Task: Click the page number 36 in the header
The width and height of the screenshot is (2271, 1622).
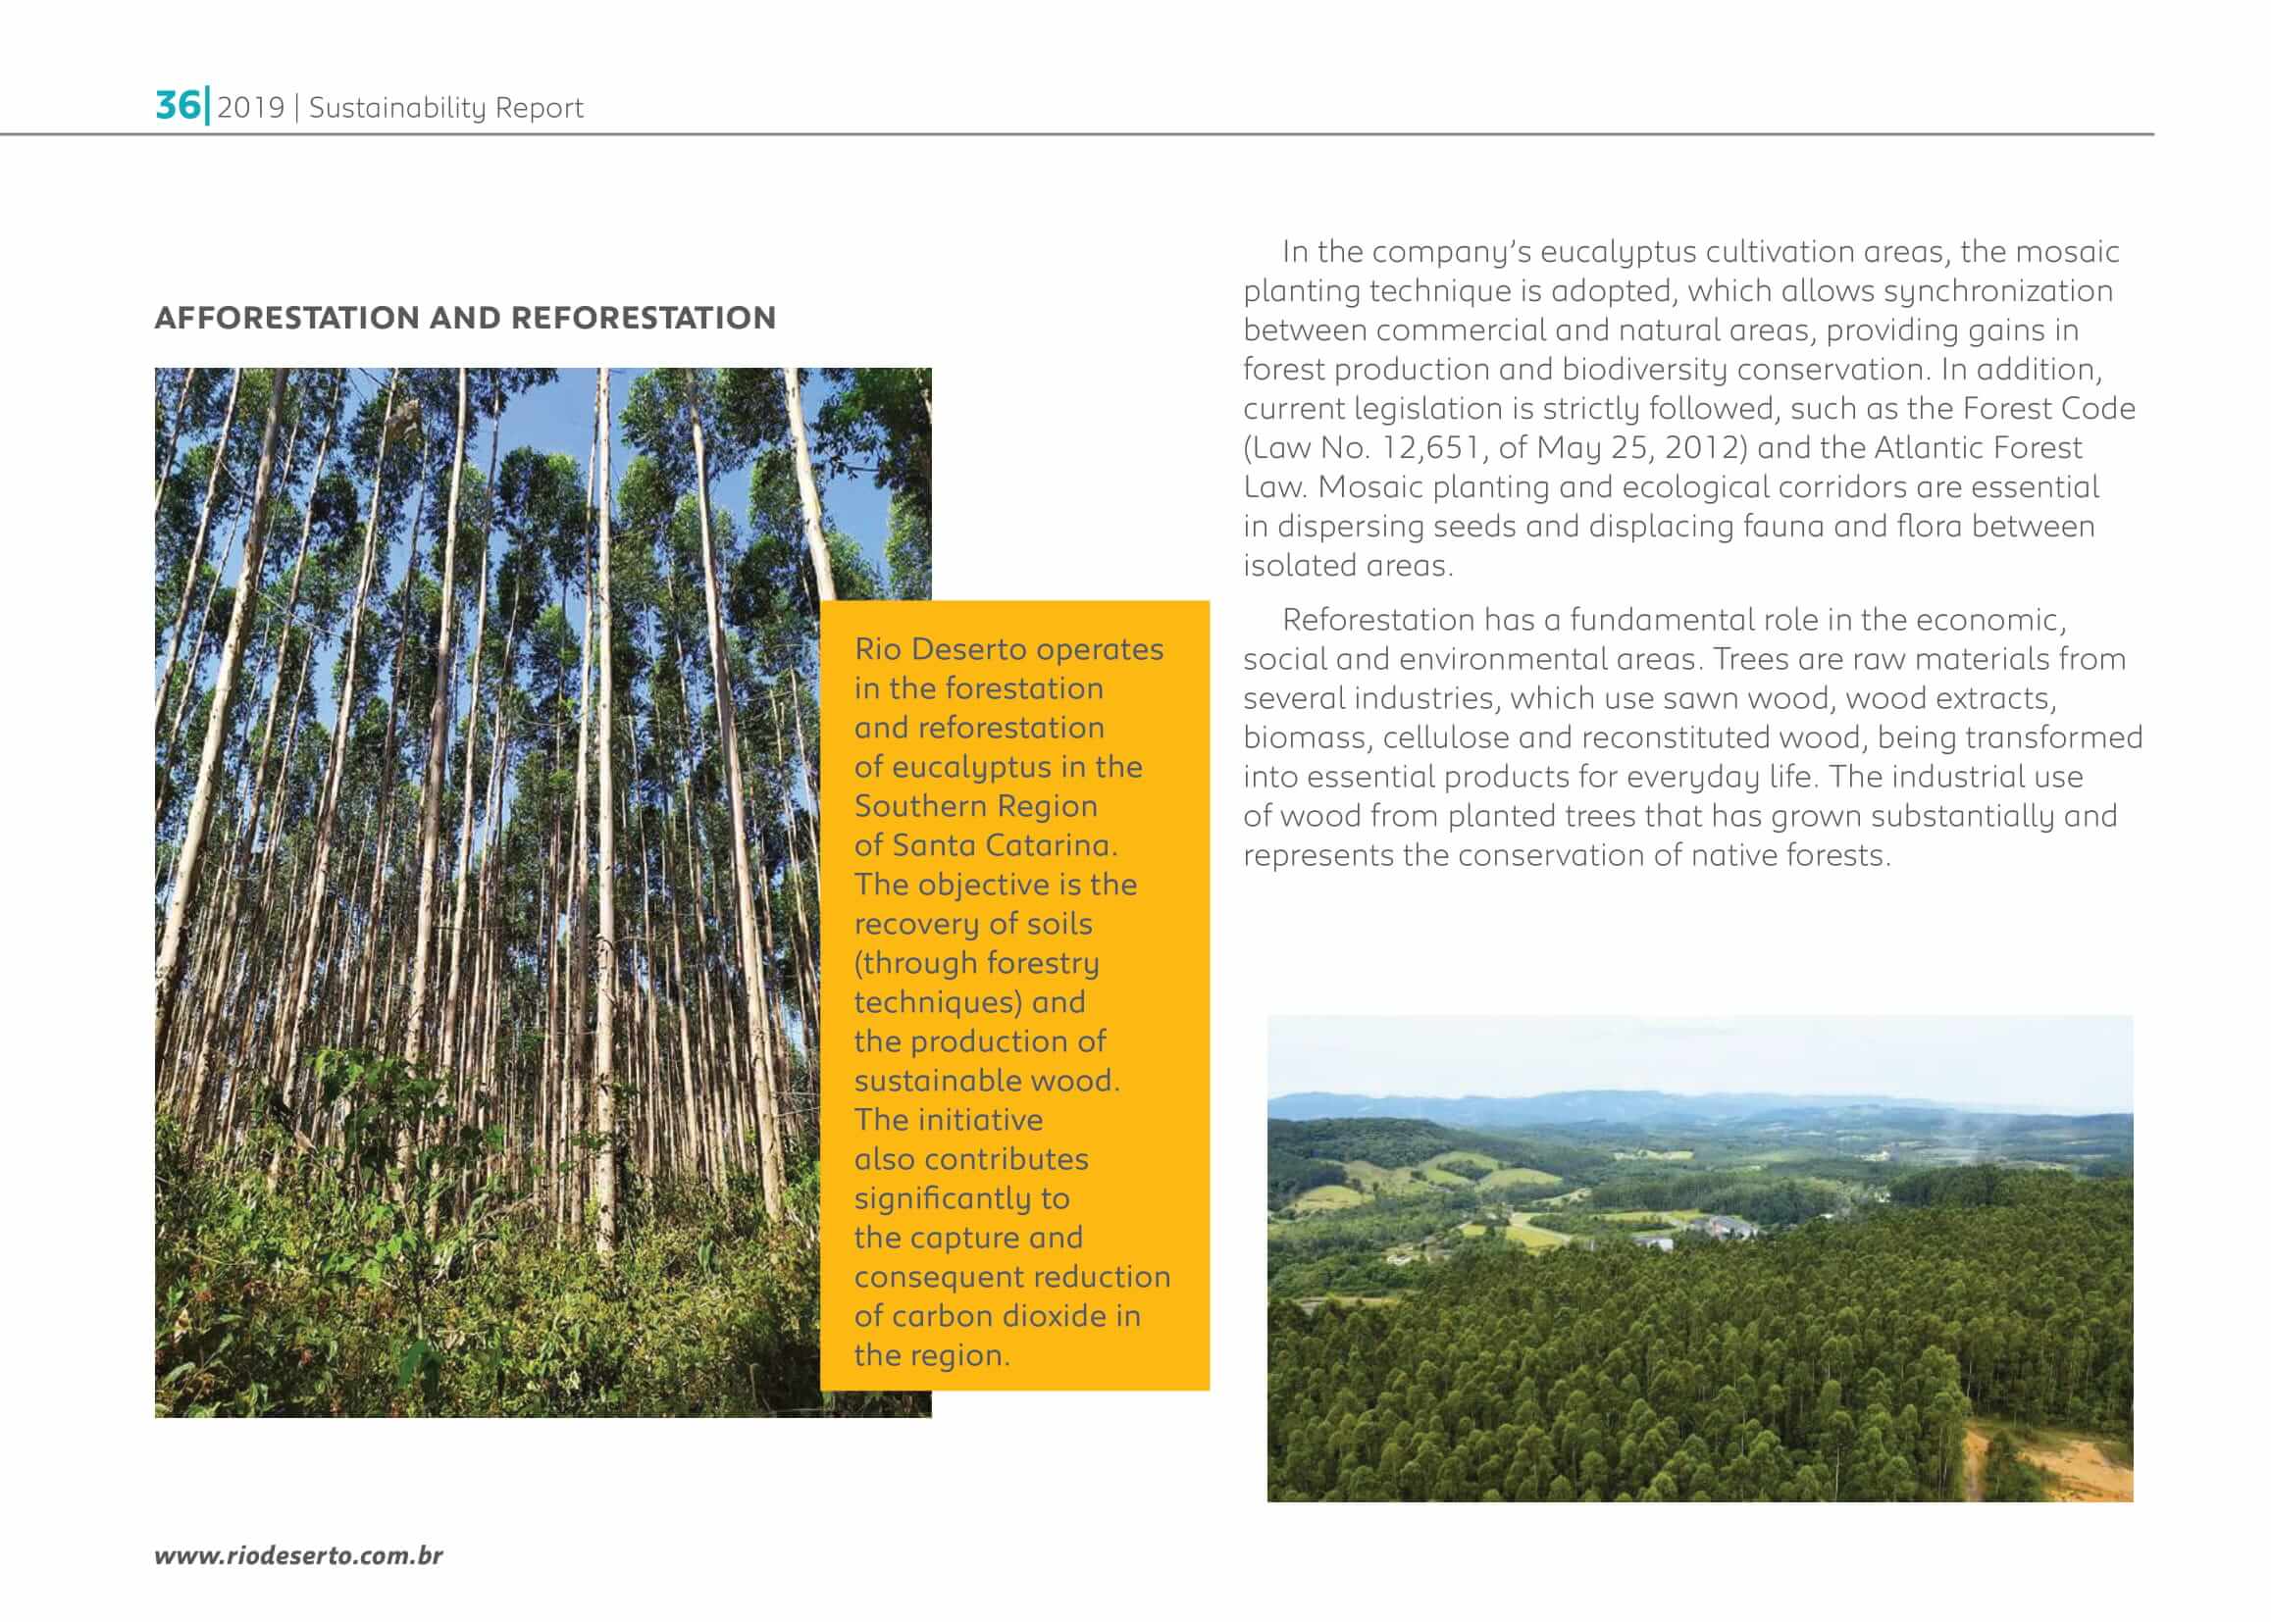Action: pos(178,105)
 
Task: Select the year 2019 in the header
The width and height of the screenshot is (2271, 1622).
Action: pos(251,108)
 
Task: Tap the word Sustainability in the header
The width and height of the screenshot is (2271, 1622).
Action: pos(397,108)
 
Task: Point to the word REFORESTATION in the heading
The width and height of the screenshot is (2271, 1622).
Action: pos(644,318)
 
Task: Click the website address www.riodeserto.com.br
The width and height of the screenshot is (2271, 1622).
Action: pos(298,1555)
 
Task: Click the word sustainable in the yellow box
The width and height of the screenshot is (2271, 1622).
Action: pos(937,1081)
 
